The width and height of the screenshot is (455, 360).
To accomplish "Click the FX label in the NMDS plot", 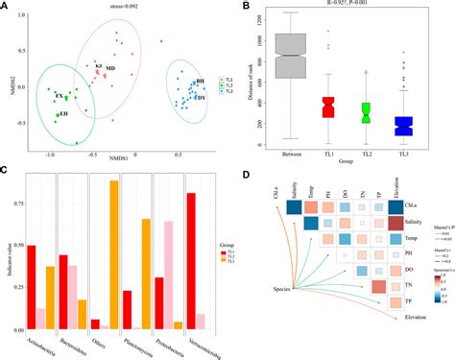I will click(59, 97).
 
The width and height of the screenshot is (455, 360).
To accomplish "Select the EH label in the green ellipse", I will click(63, 115).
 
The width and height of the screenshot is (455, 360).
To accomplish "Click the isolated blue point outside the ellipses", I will click(161, 41).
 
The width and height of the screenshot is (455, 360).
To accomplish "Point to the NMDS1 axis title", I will click(120, 154).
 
